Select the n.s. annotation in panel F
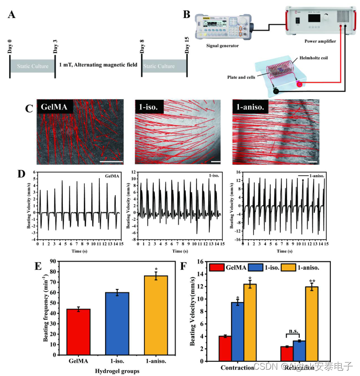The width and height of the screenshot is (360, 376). point(293,331)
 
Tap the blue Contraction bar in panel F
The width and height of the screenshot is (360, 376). point(237,331)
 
